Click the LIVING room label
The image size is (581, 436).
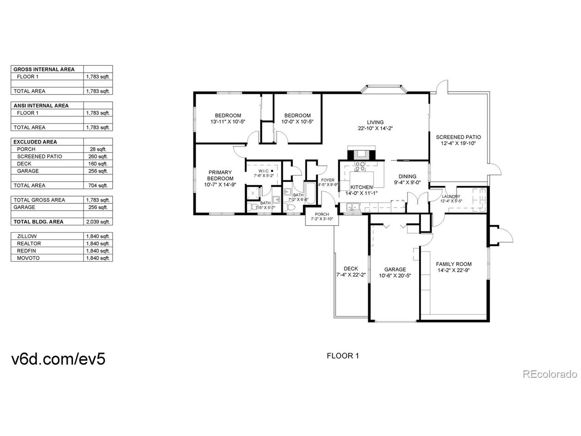(x=375, y=122)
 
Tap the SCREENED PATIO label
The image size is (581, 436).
(x=458, y=137)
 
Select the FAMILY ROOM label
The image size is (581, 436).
(x=453, y=264)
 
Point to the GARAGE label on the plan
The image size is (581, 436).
(x=395, y=269)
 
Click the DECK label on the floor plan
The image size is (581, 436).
(x=351, y=268)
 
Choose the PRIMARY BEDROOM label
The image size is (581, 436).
(x=220, y=175)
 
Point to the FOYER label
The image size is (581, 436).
(x=327, y=180)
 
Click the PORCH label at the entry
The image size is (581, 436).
(x=322, y=214)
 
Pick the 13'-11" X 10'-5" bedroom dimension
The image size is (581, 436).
(x=228, y=122)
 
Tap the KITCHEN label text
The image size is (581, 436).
(x=362, y=187)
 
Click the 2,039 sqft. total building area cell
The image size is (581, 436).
(x=98, y=222)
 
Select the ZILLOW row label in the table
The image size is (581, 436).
(x=27, y=236)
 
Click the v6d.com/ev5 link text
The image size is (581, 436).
(x=58, y=359)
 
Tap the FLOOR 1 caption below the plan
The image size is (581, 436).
(x=343, y=356)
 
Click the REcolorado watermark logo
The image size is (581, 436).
(x=550, y=374)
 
